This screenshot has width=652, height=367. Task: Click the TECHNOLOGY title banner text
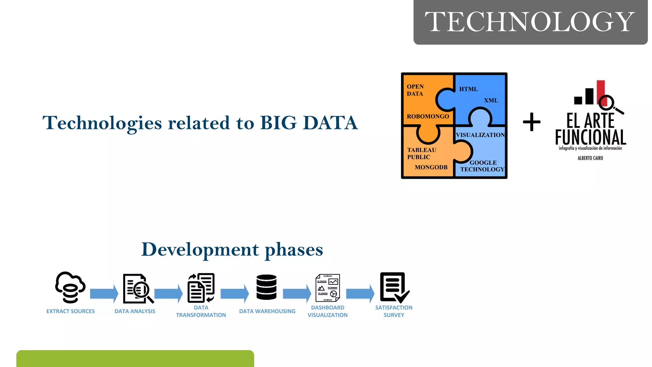tap(530, 21)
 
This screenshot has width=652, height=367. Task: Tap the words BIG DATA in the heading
tap(309, 123)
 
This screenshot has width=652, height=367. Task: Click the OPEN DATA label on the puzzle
tap(415, 90)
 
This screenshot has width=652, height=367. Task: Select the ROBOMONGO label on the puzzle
tap(428, 117)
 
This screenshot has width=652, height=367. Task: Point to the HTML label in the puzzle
tap(468, 89)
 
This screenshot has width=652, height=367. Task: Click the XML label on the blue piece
tap(491, 100)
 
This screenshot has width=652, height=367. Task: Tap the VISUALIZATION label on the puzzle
tap(480, 135)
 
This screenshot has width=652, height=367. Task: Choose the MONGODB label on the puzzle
tap(431, 167)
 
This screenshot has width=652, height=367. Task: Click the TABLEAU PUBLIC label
tap(422, 154)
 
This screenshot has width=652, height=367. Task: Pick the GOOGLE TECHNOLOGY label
tap(483, 166)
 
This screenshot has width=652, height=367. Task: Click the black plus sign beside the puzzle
tap(532, 122)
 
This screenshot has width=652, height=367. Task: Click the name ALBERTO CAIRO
tap(590, 158)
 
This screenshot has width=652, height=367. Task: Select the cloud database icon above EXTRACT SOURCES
tap(70, 287)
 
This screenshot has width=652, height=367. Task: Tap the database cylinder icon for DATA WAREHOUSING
tap(266, 287)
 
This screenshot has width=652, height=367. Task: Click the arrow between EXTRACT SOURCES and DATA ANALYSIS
tap(104, 293)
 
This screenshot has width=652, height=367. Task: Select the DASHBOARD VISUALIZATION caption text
tap(328, 311)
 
